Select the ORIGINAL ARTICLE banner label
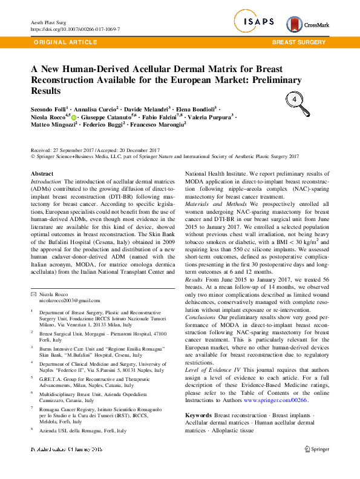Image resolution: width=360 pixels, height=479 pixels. tap(66, 42)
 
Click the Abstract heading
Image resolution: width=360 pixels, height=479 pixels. tap(42, 174)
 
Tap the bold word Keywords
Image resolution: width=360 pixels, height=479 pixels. tap(198, 414)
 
